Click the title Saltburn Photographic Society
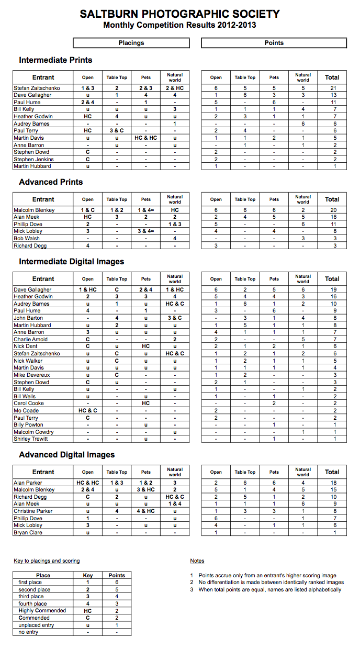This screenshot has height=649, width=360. click(179, 14)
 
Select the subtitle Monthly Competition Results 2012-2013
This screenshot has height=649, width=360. click(179, 25)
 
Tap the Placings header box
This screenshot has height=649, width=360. click(131, 43)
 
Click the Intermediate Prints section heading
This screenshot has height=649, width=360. click(55, 60)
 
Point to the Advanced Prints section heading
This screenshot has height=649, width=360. click(51, 182)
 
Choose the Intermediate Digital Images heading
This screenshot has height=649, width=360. click(72, 262)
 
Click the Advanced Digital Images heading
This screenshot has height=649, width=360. click(67, 455)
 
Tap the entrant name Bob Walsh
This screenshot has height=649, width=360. click(27, 238)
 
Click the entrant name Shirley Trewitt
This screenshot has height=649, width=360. click(31, 439)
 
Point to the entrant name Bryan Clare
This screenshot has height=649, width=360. click(28, 532)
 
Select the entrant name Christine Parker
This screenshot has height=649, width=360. click(33, 511)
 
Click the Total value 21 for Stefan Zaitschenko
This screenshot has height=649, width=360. click(333, 88)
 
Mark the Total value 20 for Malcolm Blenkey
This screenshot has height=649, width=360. click(333, 210)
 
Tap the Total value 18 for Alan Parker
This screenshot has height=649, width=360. click(333, 483)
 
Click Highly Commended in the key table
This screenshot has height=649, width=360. click(42, 611)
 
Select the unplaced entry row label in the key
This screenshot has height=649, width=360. click(36, 625)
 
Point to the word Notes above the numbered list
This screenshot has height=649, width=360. click(197, 561)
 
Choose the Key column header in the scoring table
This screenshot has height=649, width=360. click(88, 575)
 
